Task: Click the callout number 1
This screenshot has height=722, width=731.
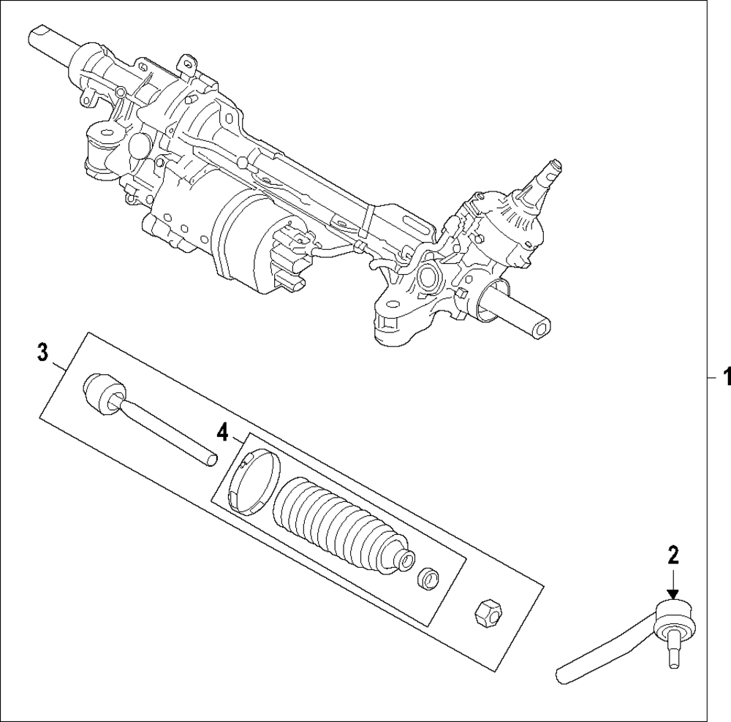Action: [x=727, y=378]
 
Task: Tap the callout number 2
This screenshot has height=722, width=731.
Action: [x=673, y=555]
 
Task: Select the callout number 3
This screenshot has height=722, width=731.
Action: [x=43, y=353]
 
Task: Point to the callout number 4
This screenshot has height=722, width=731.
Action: [x=223, y=433]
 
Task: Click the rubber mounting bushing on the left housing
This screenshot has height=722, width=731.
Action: [x=101, y=146]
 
